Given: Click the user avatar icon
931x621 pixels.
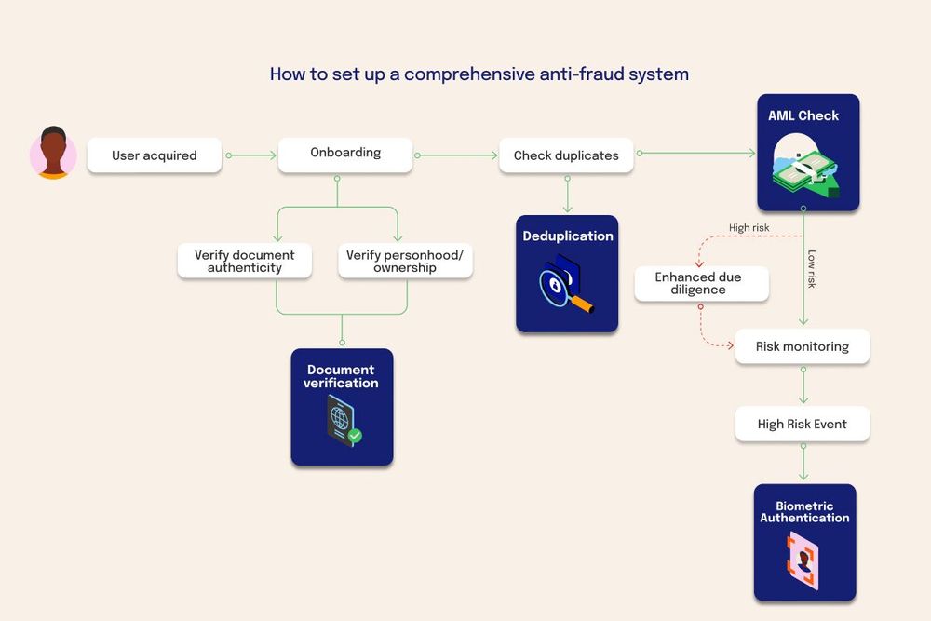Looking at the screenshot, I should [x=53, y=153].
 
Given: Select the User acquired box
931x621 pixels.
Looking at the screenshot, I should [x=155, y=155].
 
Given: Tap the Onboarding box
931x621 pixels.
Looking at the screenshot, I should [x=345, y=154].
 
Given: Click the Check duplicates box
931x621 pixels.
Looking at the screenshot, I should [x=566, y=155].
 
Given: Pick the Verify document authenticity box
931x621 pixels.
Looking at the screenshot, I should [x=245, y=262].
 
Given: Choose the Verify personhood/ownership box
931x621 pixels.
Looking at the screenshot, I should [x=405, y=262].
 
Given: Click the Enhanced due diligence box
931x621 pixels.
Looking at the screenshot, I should [x=701, y=284].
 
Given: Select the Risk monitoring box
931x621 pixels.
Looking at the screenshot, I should [x=803, y=346].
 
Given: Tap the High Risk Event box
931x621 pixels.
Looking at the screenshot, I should [x=803, y=424].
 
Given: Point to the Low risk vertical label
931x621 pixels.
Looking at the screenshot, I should [x=812, y=268].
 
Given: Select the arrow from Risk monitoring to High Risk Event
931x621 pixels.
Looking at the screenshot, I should [x=803, y=384].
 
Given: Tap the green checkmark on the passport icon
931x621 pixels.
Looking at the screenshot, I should [x=355, y=435].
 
